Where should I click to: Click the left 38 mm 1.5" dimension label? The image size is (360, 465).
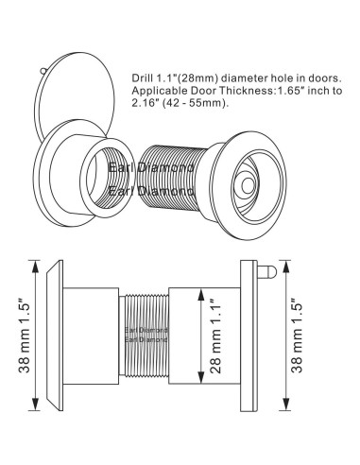[x=24, y=336]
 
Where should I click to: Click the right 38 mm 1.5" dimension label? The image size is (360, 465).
[x=296, y=336]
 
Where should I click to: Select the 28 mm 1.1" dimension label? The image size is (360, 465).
[x=215, y=336]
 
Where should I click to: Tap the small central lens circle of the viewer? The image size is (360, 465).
[x=249, y=186]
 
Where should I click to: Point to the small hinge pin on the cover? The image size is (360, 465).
[x=43, y=71]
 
